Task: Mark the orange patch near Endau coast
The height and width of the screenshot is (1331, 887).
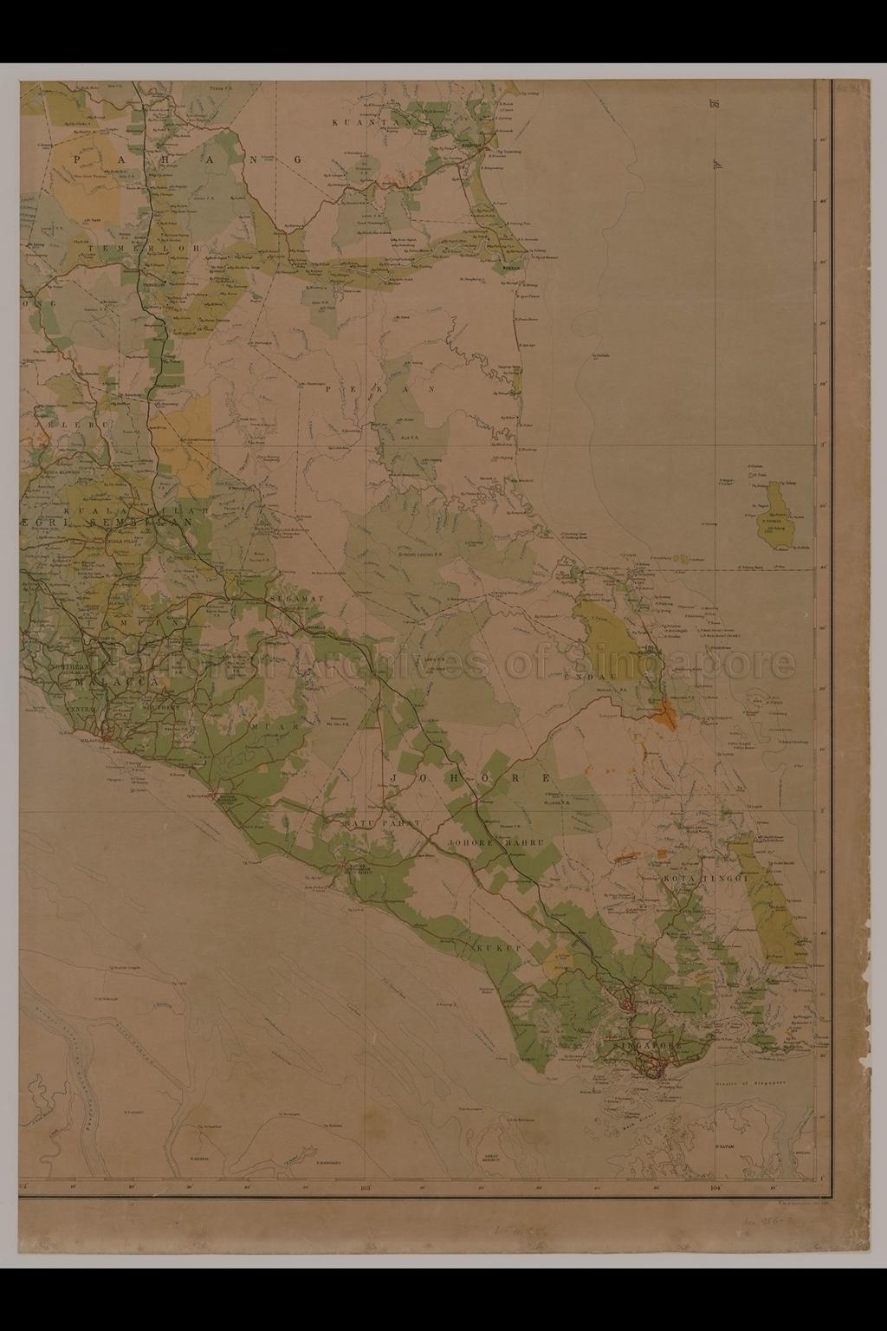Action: [x=664, y=712]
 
